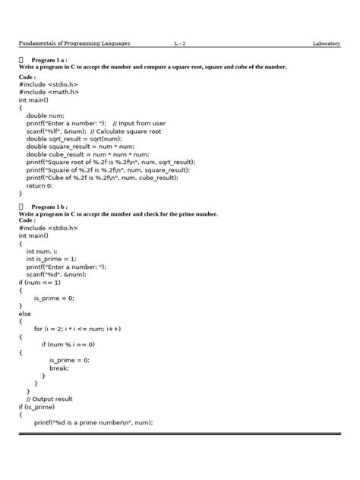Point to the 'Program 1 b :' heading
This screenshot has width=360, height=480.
coord(49,207)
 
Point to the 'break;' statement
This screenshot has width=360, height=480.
coord(59,368)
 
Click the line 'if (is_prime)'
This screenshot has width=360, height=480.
coord(38,407)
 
